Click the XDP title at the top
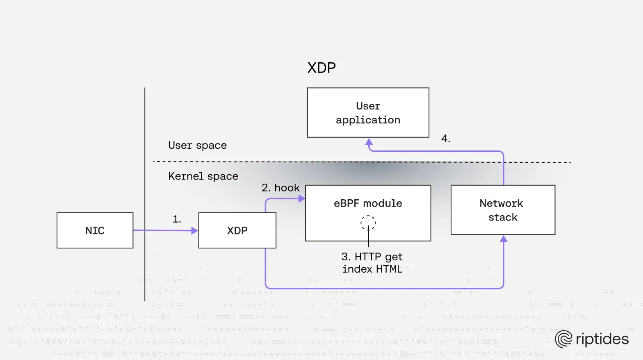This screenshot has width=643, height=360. tap(321, 68)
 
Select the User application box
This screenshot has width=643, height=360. tap(368, 113)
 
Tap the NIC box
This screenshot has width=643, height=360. tap(95, 230)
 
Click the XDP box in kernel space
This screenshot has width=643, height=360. tap(237, 230)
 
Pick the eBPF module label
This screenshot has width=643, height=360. tap(368, 203)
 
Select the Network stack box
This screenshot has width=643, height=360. tap(503, 210)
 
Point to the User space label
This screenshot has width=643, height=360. tap(197, 146)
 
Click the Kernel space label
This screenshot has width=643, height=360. tap(203, 176)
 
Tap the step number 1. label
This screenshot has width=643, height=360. tap(177, 219)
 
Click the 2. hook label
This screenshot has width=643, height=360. tap(280, 188)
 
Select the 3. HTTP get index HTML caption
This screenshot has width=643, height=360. tap(372, 263)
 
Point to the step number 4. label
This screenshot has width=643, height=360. tap(446, 139)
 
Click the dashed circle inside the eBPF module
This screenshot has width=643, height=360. tap(368, 223)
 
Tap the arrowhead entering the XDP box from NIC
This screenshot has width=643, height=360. tap(195, 231)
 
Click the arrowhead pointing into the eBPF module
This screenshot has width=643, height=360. tap(302, 199)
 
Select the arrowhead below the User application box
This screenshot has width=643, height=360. tap(369, 142)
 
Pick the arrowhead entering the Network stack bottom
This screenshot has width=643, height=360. tap(504, 239)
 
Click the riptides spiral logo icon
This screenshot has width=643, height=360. tap(563, 339)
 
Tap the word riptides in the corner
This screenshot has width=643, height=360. tap(602, 339)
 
